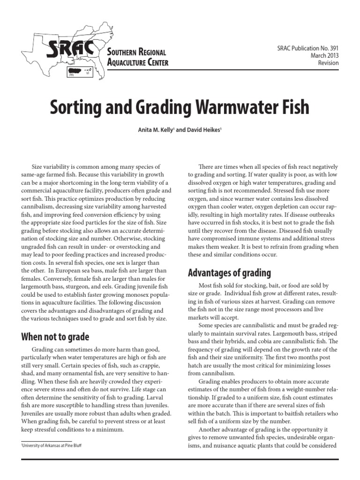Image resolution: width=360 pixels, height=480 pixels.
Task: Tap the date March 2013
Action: tap(324, 56)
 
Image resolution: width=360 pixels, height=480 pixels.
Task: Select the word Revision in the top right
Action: tap(328, 63)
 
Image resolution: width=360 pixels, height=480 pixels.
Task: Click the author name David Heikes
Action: tap(197, 129)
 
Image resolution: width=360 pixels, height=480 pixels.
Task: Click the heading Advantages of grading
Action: tap(229, 272)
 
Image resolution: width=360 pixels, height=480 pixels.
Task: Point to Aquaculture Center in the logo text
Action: tap(137, 62)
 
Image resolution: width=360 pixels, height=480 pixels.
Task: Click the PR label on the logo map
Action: tap(71, 74)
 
